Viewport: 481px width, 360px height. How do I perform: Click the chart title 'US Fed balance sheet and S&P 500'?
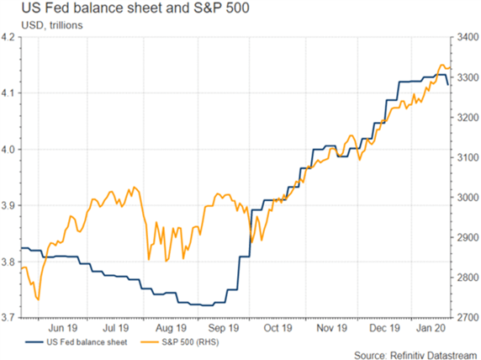[x=135, y=8]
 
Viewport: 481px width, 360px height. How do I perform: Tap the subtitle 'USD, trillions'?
[x=52, y=25]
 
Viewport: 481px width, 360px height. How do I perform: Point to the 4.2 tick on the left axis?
[x=8, y=37]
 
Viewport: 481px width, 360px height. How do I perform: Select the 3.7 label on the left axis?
[x=8, y=318]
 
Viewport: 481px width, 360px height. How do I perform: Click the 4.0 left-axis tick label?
[x=8, y=150]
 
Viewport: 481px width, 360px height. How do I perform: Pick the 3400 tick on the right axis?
[x=468, y=37]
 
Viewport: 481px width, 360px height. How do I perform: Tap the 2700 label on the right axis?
[x=468, y=318]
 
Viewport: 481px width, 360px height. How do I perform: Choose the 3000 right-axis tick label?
[x=468, y=198]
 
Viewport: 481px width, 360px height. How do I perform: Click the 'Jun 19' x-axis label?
[x=62, y=328]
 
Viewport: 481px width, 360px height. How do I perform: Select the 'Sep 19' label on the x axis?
[x=224, y=328]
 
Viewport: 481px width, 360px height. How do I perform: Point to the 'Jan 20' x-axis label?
[x=431, y=328]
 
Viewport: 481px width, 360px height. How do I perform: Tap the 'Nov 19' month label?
[x=331, y=328]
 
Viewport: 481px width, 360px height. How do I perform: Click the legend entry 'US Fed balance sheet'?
[x=87, y=341]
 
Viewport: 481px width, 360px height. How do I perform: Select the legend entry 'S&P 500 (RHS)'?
[x=190, y=341]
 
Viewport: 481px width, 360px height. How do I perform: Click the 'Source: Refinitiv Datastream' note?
[x=415, y=355]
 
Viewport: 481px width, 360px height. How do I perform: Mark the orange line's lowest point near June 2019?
[x=38, y=299]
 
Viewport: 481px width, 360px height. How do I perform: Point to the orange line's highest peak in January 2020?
[x=441, y=65]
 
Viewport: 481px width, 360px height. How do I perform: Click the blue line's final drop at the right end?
[x=447, y=80]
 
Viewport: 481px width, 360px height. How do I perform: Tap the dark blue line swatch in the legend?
[x=34, y=341]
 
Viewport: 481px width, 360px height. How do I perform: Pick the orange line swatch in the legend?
[x=150, y=341]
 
